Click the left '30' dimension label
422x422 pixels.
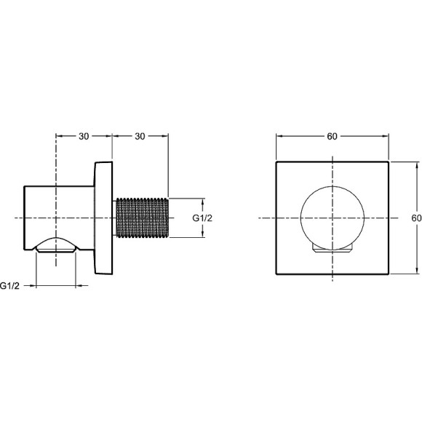pos(84,136)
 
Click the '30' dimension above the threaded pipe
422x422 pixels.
pos(140,136)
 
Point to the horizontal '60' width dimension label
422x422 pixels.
pos(333,136)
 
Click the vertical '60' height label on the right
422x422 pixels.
pos(415,218)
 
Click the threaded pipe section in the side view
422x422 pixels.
pos(142,218)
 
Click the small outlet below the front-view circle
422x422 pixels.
pos(333,252)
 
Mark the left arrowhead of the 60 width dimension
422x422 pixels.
pos(279,136)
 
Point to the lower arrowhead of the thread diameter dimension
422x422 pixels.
pos(202,236)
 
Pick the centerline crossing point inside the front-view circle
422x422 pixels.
pos(333,218)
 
